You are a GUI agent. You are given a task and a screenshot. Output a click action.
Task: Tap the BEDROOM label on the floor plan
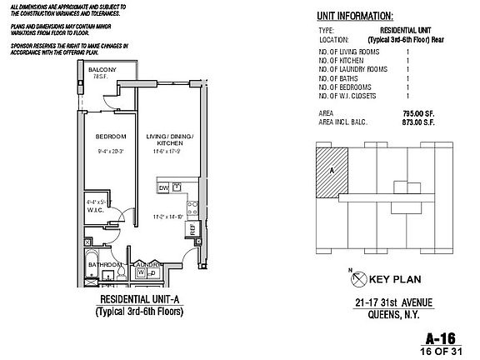110,136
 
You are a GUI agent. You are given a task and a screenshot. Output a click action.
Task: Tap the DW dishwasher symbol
163,188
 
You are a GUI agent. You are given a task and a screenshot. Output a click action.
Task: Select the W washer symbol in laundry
141,272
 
